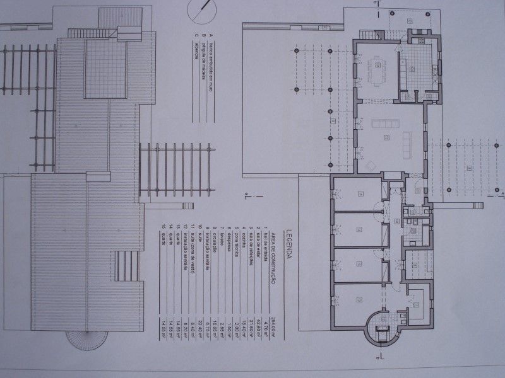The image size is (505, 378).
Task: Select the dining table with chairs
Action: click(377, 65)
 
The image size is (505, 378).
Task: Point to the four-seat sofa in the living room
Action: click(384, 123)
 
